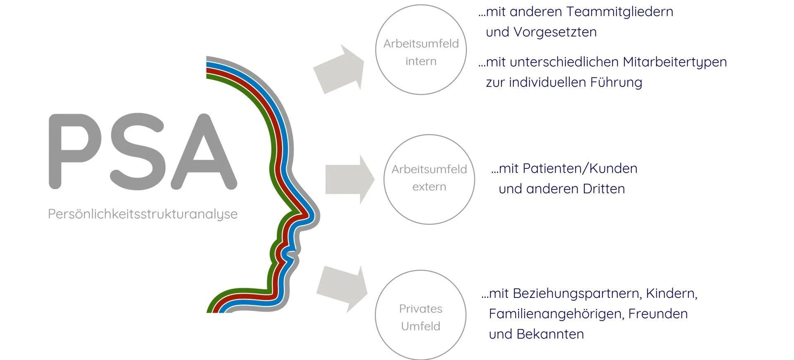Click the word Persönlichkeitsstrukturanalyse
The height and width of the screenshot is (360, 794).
click(x=143, y=214)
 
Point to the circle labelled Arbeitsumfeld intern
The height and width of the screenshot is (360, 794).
click(x=421, y=50)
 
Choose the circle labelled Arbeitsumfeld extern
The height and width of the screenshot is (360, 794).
click(x=429, y=179)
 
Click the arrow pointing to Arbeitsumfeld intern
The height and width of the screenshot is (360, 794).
click(x=339, y=69)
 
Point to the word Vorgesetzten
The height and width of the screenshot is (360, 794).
click(x=555, y=32)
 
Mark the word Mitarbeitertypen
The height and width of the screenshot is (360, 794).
click(x=674, y=62)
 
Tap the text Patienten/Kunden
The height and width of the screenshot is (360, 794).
click(x=580, y=168)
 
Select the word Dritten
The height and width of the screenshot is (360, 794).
click(x=604, y=189)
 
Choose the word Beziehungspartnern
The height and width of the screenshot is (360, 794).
click(x=577, y=293)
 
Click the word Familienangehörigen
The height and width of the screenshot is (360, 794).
click(x=556, y=314)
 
